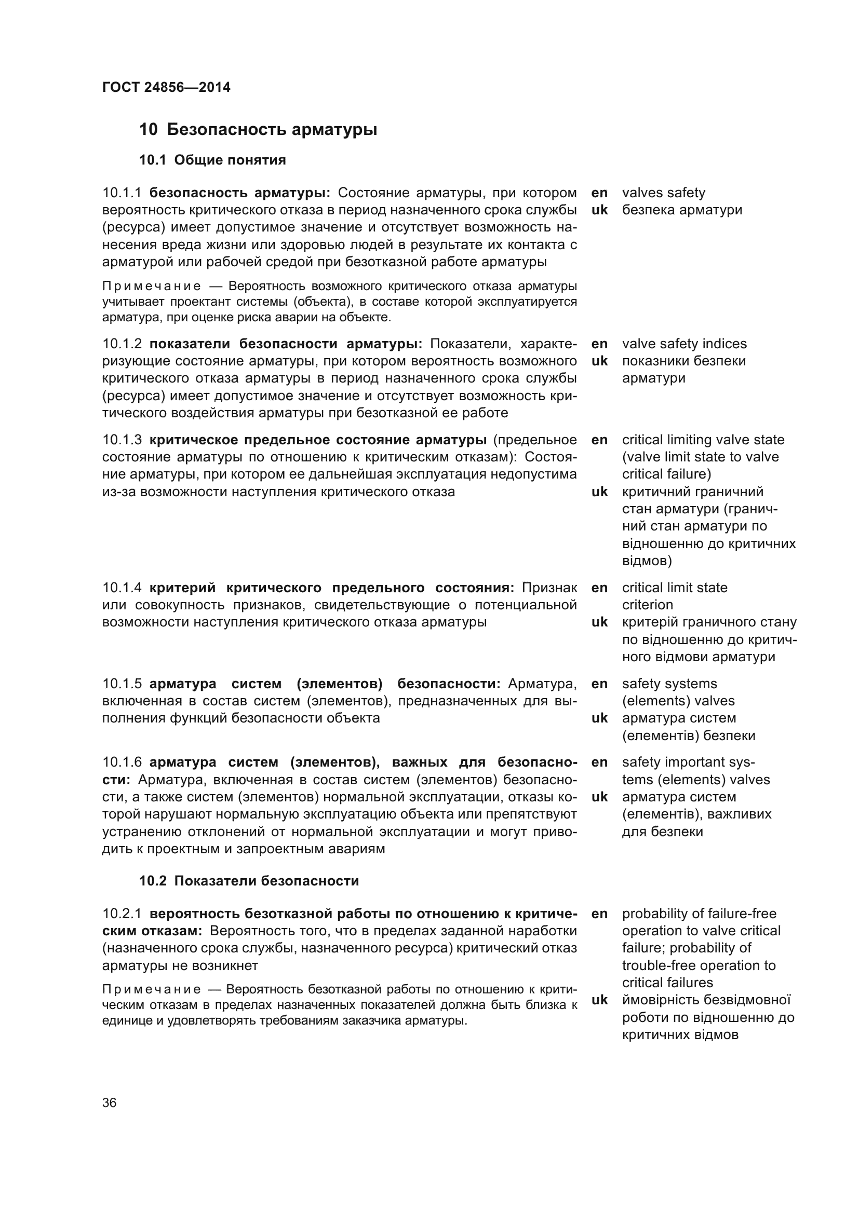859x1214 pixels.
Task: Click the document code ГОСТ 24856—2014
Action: click(x=166, y=87)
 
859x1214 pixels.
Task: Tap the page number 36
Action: click(x=110, y=1102)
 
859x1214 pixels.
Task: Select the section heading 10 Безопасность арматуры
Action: click(x=258, y=130)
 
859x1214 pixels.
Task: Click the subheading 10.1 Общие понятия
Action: click(x=212, y=160)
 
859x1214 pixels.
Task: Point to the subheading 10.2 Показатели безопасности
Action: click(x=249, y=880)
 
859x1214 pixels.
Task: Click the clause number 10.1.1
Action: click(x=122, y=193)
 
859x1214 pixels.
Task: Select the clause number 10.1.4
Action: click(x=122, y=588)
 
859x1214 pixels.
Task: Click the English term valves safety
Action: click(x=663, y=193)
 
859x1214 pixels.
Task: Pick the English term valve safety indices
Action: click(x=684, y=344)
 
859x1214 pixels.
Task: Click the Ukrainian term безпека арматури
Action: click(x=682, y=210)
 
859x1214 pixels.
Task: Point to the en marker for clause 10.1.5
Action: click(x=599, y=684)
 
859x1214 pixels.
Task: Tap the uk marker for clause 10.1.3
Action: click(x=599, y=492)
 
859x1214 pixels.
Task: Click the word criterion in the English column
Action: click(x=648, y=605)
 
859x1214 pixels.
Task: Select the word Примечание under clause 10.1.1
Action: click(x=152, y=287)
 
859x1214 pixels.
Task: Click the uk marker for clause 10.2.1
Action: click(x=599, y=1000)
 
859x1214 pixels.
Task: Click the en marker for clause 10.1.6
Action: click(x=599, y=762)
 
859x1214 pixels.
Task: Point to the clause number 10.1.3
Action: click(x=122, y=440)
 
